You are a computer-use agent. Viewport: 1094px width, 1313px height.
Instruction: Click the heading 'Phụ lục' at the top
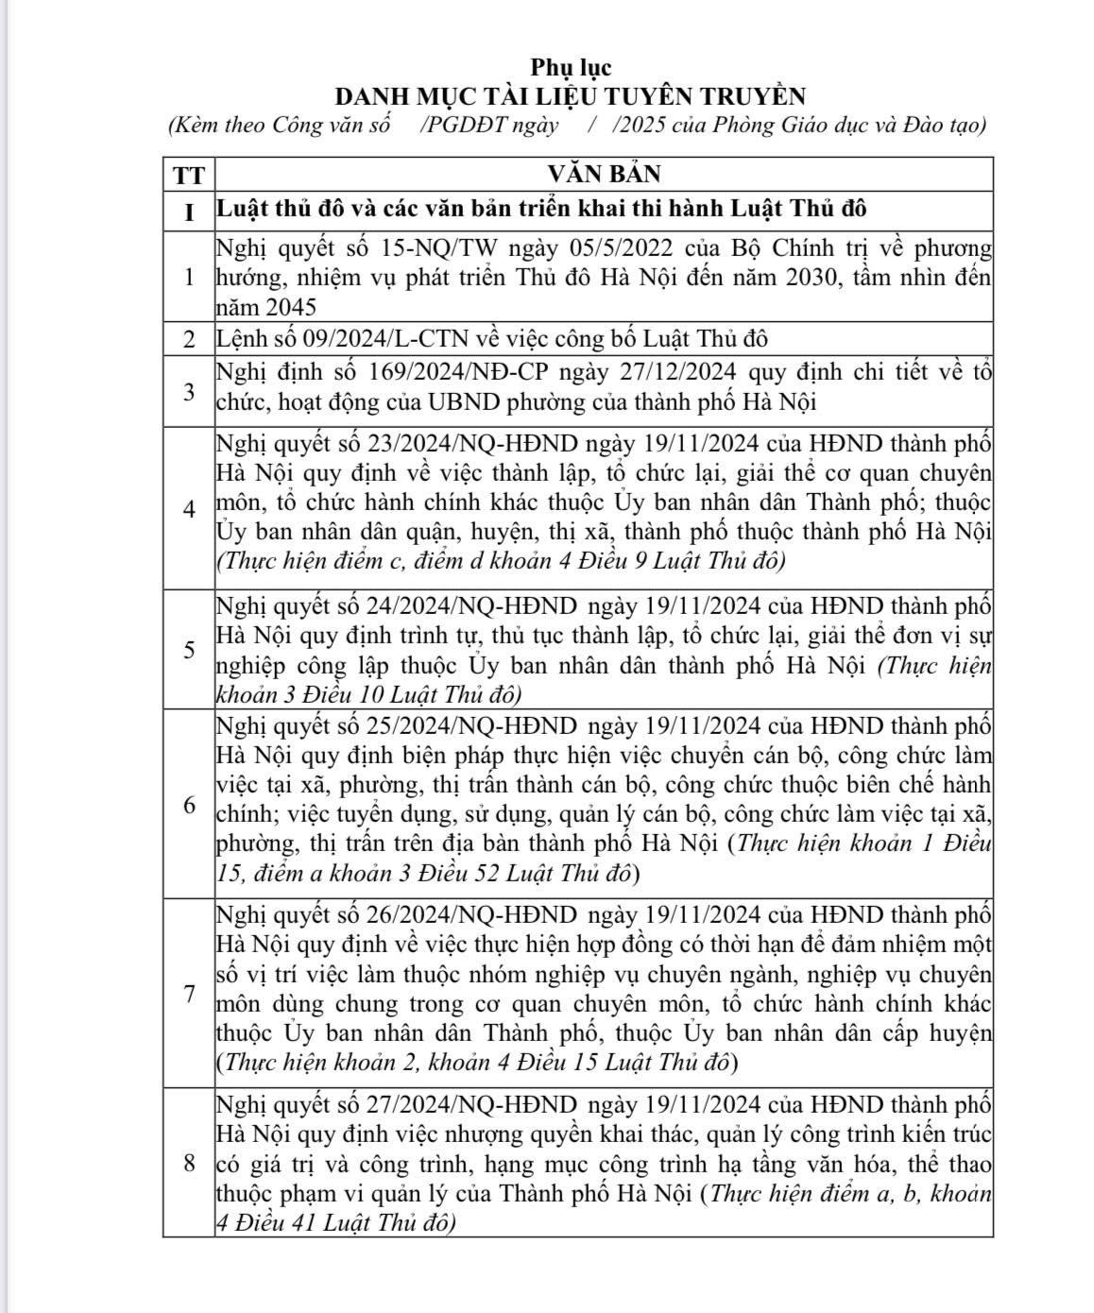tap(571, 68)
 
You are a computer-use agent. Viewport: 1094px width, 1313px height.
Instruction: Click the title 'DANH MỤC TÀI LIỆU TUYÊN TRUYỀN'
tap(571, 96)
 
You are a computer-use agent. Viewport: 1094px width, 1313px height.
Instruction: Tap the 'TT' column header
tap(189, 175)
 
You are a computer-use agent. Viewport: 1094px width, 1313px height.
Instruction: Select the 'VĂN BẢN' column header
tap(605, 175)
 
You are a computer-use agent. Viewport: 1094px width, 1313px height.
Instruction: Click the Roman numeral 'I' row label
tap(189, 211)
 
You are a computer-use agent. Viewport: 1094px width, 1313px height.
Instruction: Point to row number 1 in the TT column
tap(189, 278)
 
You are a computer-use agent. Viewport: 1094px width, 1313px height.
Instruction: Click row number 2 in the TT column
tap(189, 339)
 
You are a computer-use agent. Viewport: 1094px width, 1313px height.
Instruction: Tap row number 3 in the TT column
tap(189, 390)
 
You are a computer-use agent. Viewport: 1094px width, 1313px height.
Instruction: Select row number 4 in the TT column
tap(189, 509)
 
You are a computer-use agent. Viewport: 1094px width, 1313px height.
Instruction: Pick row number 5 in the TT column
tap(189, 650)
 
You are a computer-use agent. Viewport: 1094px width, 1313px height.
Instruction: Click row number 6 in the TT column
tap(189, 805)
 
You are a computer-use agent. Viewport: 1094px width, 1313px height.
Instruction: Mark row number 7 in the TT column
tap(189, 994)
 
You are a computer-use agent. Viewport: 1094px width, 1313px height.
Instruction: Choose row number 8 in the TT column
tap(189, 1163)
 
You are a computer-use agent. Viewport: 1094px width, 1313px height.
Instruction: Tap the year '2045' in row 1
tap(291, 308)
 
